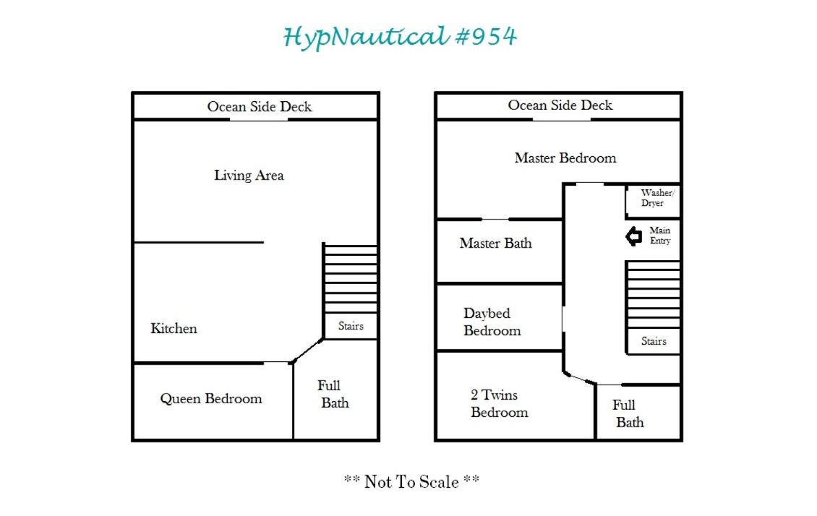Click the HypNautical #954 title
[x=400, y=37]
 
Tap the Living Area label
[x=249, y=176]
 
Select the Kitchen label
[x=174, y=329]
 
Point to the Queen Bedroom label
[x=211, y=399]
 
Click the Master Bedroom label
[x=565, y=158]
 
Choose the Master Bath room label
[x=495, y=243]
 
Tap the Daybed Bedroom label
[x=492, y=322]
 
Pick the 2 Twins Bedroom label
[x=499, y=403]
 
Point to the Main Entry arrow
[x=633, y=236]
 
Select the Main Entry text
[x=660, y=236]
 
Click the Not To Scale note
[x=411, y=481]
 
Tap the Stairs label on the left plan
[x=351, y=326]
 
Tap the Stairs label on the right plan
[x=654, y=341]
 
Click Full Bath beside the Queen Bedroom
[x=333, y=394]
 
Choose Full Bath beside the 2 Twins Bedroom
[x=628, y=413]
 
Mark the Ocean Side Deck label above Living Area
[x=260, y=107]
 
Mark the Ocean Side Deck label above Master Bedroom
[x=560, y=106]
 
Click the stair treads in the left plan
[x=350, y=278]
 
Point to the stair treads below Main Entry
[x=653, y=296]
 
